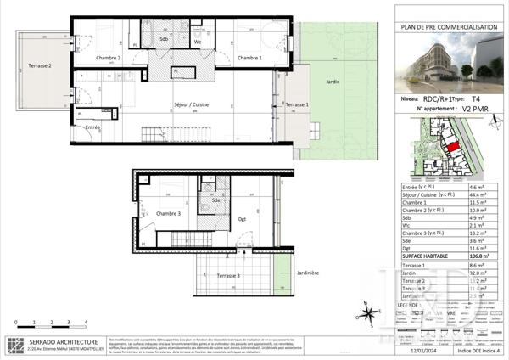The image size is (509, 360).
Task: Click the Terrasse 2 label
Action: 39,65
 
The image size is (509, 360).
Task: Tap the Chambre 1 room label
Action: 249,58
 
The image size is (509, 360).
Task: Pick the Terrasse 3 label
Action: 226,276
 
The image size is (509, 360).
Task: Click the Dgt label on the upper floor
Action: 242,219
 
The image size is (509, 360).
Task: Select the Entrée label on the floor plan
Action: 92,127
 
